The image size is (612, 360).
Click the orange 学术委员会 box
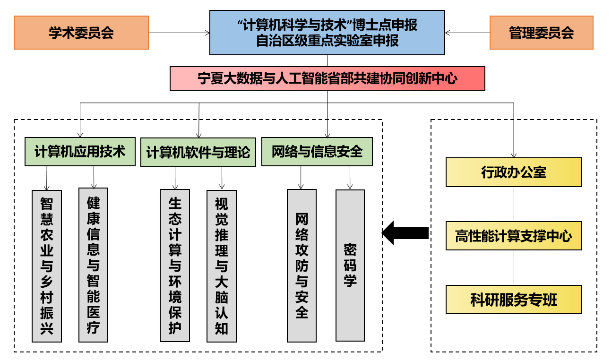pyautogui.click(x=81, y=33)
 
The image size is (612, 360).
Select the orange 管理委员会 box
pyautogui.click(x=541, y=33)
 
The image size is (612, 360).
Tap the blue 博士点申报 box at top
pyautogui.click(x=327, y=33)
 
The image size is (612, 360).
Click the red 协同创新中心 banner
pyautogui.click(x=327, y=78)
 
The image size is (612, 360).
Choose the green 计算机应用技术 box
pyautogui.click(x=80, y=152)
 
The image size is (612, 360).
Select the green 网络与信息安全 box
pyautogui.click(x=317, y=152)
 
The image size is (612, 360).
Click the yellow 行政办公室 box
pyautogui.click(x=513, y=172)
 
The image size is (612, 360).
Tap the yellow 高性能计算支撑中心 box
pyautogui.click(x=513, y=236)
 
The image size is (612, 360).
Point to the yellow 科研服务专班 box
pyautogui.click(x=513, y=300)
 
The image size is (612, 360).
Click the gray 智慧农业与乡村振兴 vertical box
pyautogui.click(x=47, y=266)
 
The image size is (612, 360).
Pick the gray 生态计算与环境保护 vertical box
pyautogui.click(x=175, y=266)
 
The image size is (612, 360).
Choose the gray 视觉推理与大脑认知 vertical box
pyautogui.click(x=221, y=266)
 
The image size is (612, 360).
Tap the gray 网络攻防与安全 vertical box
pyautogui.click(x=302, y=266)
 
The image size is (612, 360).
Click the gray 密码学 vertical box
pyautogui.click(x=350, y=266)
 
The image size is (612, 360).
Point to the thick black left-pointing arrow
pyautogui.click(x=405, y=233)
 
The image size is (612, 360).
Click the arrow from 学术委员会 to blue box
pyautogui.click(x=179, y=33)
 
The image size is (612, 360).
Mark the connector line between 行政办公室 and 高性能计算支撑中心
pyautogui.click(x=514, y=204)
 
